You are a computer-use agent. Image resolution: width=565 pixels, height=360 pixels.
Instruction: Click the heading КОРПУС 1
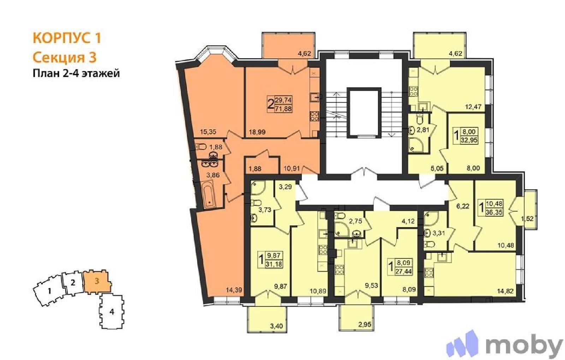[67, 38]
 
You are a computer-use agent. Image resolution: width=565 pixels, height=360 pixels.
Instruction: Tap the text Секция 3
[65, 57]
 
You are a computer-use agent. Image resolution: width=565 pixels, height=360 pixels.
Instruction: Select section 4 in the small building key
[112, 312]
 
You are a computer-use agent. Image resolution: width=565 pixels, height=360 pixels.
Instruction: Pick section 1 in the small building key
[49, 291]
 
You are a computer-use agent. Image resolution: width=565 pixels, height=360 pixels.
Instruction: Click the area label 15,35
[208, 132]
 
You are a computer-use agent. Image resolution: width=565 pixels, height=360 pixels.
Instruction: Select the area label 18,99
[257, 132]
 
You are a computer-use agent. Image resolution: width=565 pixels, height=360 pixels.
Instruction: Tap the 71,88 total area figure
[283, 109]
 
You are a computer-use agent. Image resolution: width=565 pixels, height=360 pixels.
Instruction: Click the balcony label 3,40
[276, 326]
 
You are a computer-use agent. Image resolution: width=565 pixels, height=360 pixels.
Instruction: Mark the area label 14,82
[505, 291]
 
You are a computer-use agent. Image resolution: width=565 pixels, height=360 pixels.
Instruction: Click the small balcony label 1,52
[527, 218]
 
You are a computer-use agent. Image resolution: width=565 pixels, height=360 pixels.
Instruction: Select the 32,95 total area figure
[469, 140]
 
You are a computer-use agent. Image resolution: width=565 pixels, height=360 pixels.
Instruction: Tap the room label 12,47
[474, 107]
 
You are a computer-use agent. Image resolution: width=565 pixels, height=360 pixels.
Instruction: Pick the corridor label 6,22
[463, 206]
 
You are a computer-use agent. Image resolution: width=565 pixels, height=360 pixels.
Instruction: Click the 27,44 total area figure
[404, 271]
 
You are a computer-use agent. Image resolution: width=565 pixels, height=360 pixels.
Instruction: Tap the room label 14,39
[234, 290]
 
